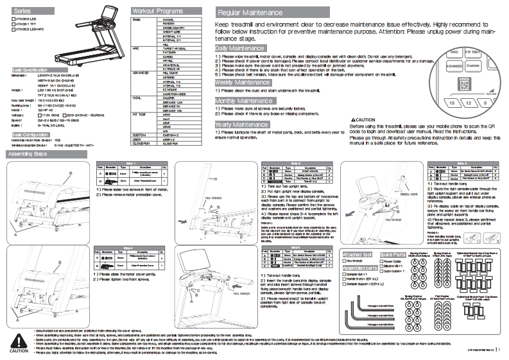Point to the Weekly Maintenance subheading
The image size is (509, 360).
(x=243, y=83)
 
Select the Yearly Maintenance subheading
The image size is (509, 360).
(x=241, y=124)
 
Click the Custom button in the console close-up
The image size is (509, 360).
(x=472, y=65)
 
